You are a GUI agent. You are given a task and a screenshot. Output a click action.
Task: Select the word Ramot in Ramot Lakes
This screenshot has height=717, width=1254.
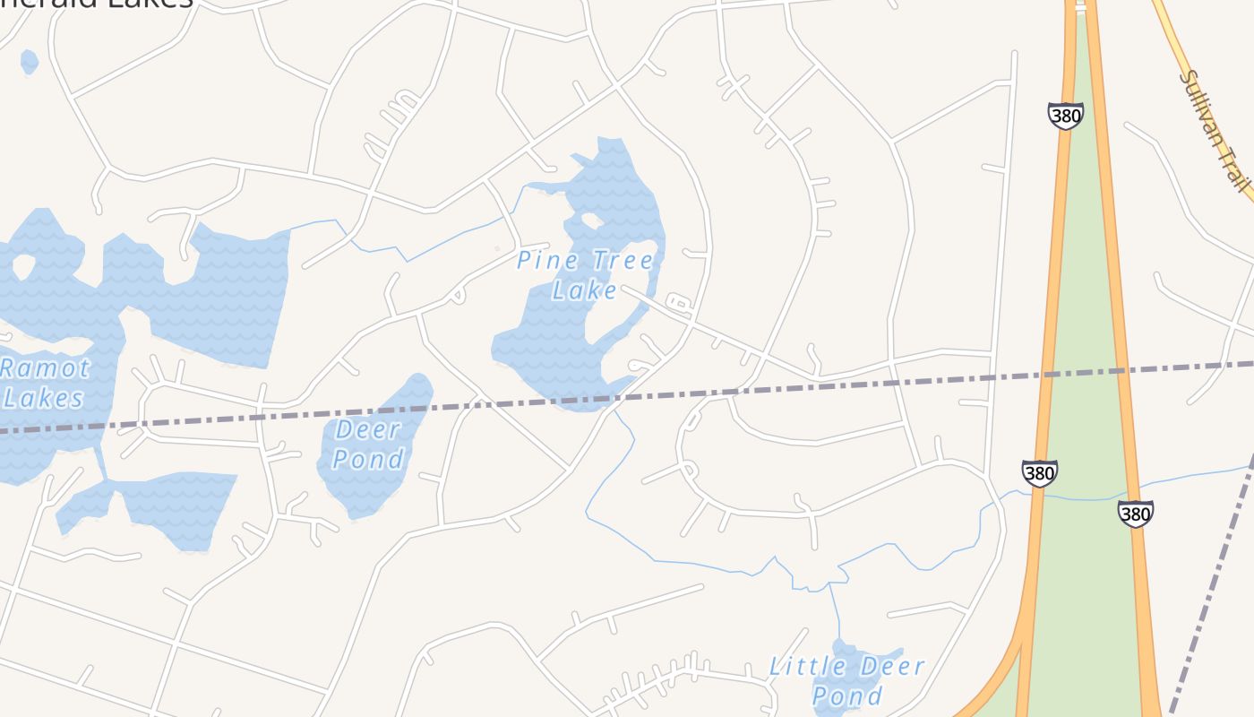45,367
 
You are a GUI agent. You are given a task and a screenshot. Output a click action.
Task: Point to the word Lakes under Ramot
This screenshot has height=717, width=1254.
43,398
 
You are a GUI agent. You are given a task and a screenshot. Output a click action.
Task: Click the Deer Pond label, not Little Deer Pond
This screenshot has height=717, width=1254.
368,444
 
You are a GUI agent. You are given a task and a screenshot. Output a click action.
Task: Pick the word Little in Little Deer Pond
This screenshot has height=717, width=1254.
808,666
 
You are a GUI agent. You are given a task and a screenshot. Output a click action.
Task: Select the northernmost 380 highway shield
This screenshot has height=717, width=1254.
1065,116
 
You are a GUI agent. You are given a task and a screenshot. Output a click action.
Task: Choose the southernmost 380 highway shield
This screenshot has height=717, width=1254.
1135,514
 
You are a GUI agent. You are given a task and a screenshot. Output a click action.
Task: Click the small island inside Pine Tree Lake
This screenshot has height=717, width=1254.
591,220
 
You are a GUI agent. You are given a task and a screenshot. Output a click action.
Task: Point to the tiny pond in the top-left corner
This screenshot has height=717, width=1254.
29,61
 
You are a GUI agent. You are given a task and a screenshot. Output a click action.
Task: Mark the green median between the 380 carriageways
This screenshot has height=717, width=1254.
1088,358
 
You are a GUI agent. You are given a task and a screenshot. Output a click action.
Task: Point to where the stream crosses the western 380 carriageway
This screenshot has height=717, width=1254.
1035,494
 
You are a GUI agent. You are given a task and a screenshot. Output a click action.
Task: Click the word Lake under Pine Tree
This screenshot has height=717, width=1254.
584,290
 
